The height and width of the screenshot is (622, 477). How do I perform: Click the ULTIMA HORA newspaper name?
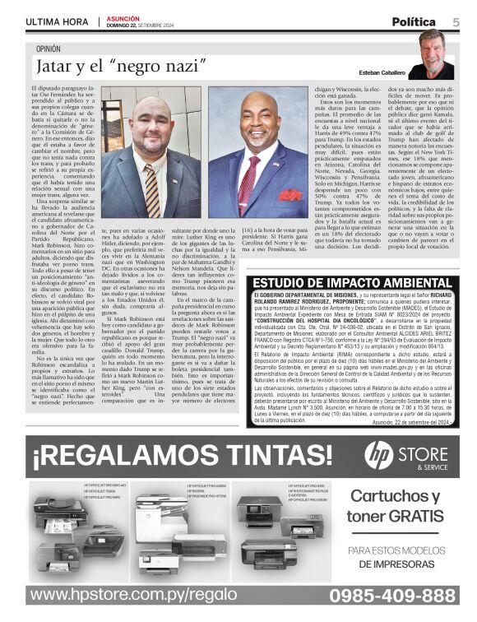point(56,21)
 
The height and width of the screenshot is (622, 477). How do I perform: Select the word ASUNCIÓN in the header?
point(123,16)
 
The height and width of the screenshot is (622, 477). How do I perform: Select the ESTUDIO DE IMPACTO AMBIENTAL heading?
point(351,284)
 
